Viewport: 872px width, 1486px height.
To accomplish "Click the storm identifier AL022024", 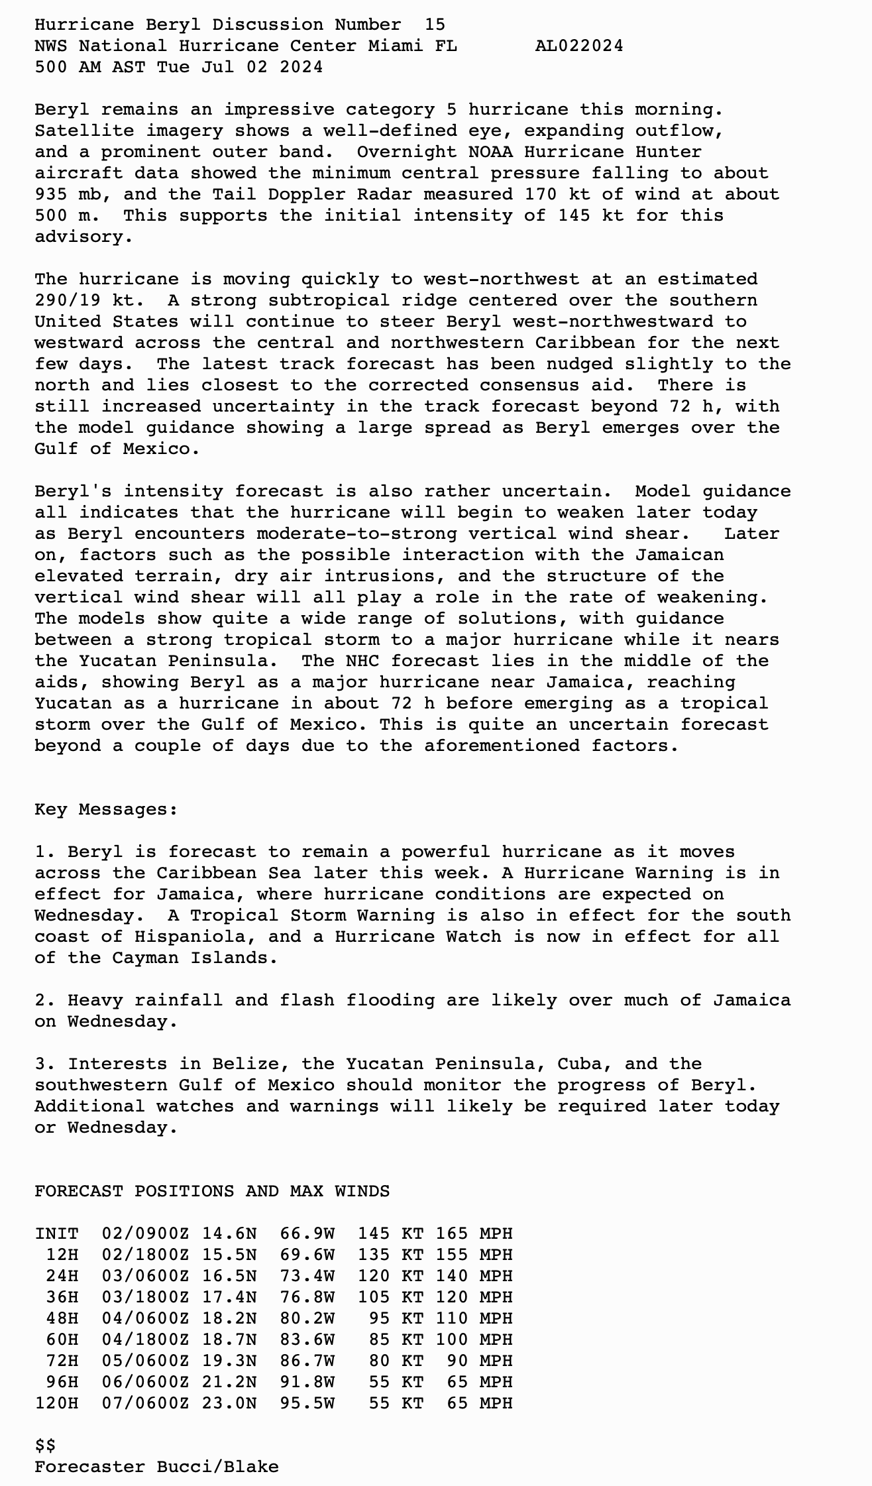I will (578, 46).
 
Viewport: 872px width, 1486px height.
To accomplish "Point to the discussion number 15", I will (435, 25).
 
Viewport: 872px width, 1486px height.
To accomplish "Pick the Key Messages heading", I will (106, 809).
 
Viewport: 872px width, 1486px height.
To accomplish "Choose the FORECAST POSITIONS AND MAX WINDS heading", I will (212, 1191).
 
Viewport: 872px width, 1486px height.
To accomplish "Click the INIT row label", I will (56, 1233).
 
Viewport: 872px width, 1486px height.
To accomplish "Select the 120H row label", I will (56, 1403).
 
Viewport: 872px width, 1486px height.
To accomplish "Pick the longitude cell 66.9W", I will (307, 1233).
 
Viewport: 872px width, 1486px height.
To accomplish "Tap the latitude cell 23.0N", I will (229, 1403).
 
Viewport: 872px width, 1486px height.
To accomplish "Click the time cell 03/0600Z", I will (145, 1276).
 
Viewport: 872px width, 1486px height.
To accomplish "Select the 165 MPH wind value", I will (474, 1233).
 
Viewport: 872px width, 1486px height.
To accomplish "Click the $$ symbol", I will (45, 1446).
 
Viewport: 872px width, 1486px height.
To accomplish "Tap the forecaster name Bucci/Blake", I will (218, 1467).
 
